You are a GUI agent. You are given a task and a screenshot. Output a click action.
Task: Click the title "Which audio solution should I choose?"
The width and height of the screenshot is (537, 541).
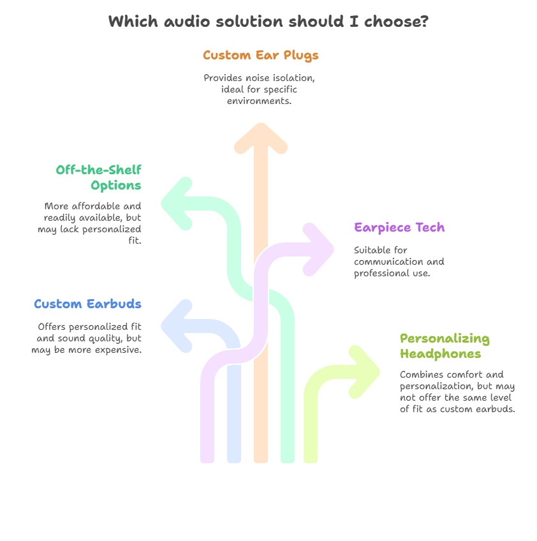[x=268, y=22]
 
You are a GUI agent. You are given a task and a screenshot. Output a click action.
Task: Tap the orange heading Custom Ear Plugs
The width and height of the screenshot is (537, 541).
[x=260, y=56]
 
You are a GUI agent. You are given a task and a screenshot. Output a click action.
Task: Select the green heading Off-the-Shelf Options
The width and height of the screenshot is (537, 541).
[x=99, y=177]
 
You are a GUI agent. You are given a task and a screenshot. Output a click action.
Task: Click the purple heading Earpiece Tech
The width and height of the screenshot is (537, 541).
[x=399, y=228]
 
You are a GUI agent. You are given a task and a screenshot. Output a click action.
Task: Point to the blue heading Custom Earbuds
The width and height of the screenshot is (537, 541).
[x=87, y=304]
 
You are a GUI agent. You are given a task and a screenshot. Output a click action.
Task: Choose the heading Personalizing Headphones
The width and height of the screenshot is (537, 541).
[x=445, y=346]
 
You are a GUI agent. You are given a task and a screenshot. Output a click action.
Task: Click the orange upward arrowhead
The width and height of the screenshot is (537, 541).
[x=261, y=137]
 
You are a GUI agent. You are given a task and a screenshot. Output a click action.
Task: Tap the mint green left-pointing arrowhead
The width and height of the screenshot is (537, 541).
[x=177, y=204]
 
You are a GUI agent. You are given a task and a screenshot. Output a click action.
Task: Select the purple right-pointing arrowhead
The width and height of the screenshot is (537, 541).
[x=318, y=249]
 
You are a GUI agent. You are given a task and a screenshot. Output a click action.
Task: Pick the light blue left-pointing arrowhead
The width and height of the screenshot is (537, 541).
[x=177, y=326]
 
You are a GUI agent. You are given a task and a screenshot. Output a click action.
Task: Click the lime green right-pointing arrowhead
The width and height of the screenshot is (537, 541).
[x=364, y=372]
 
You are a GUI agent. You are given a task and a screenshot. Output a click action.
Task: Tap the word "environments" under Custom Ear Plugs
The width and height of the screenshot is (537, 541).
[x=259, y=101]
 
